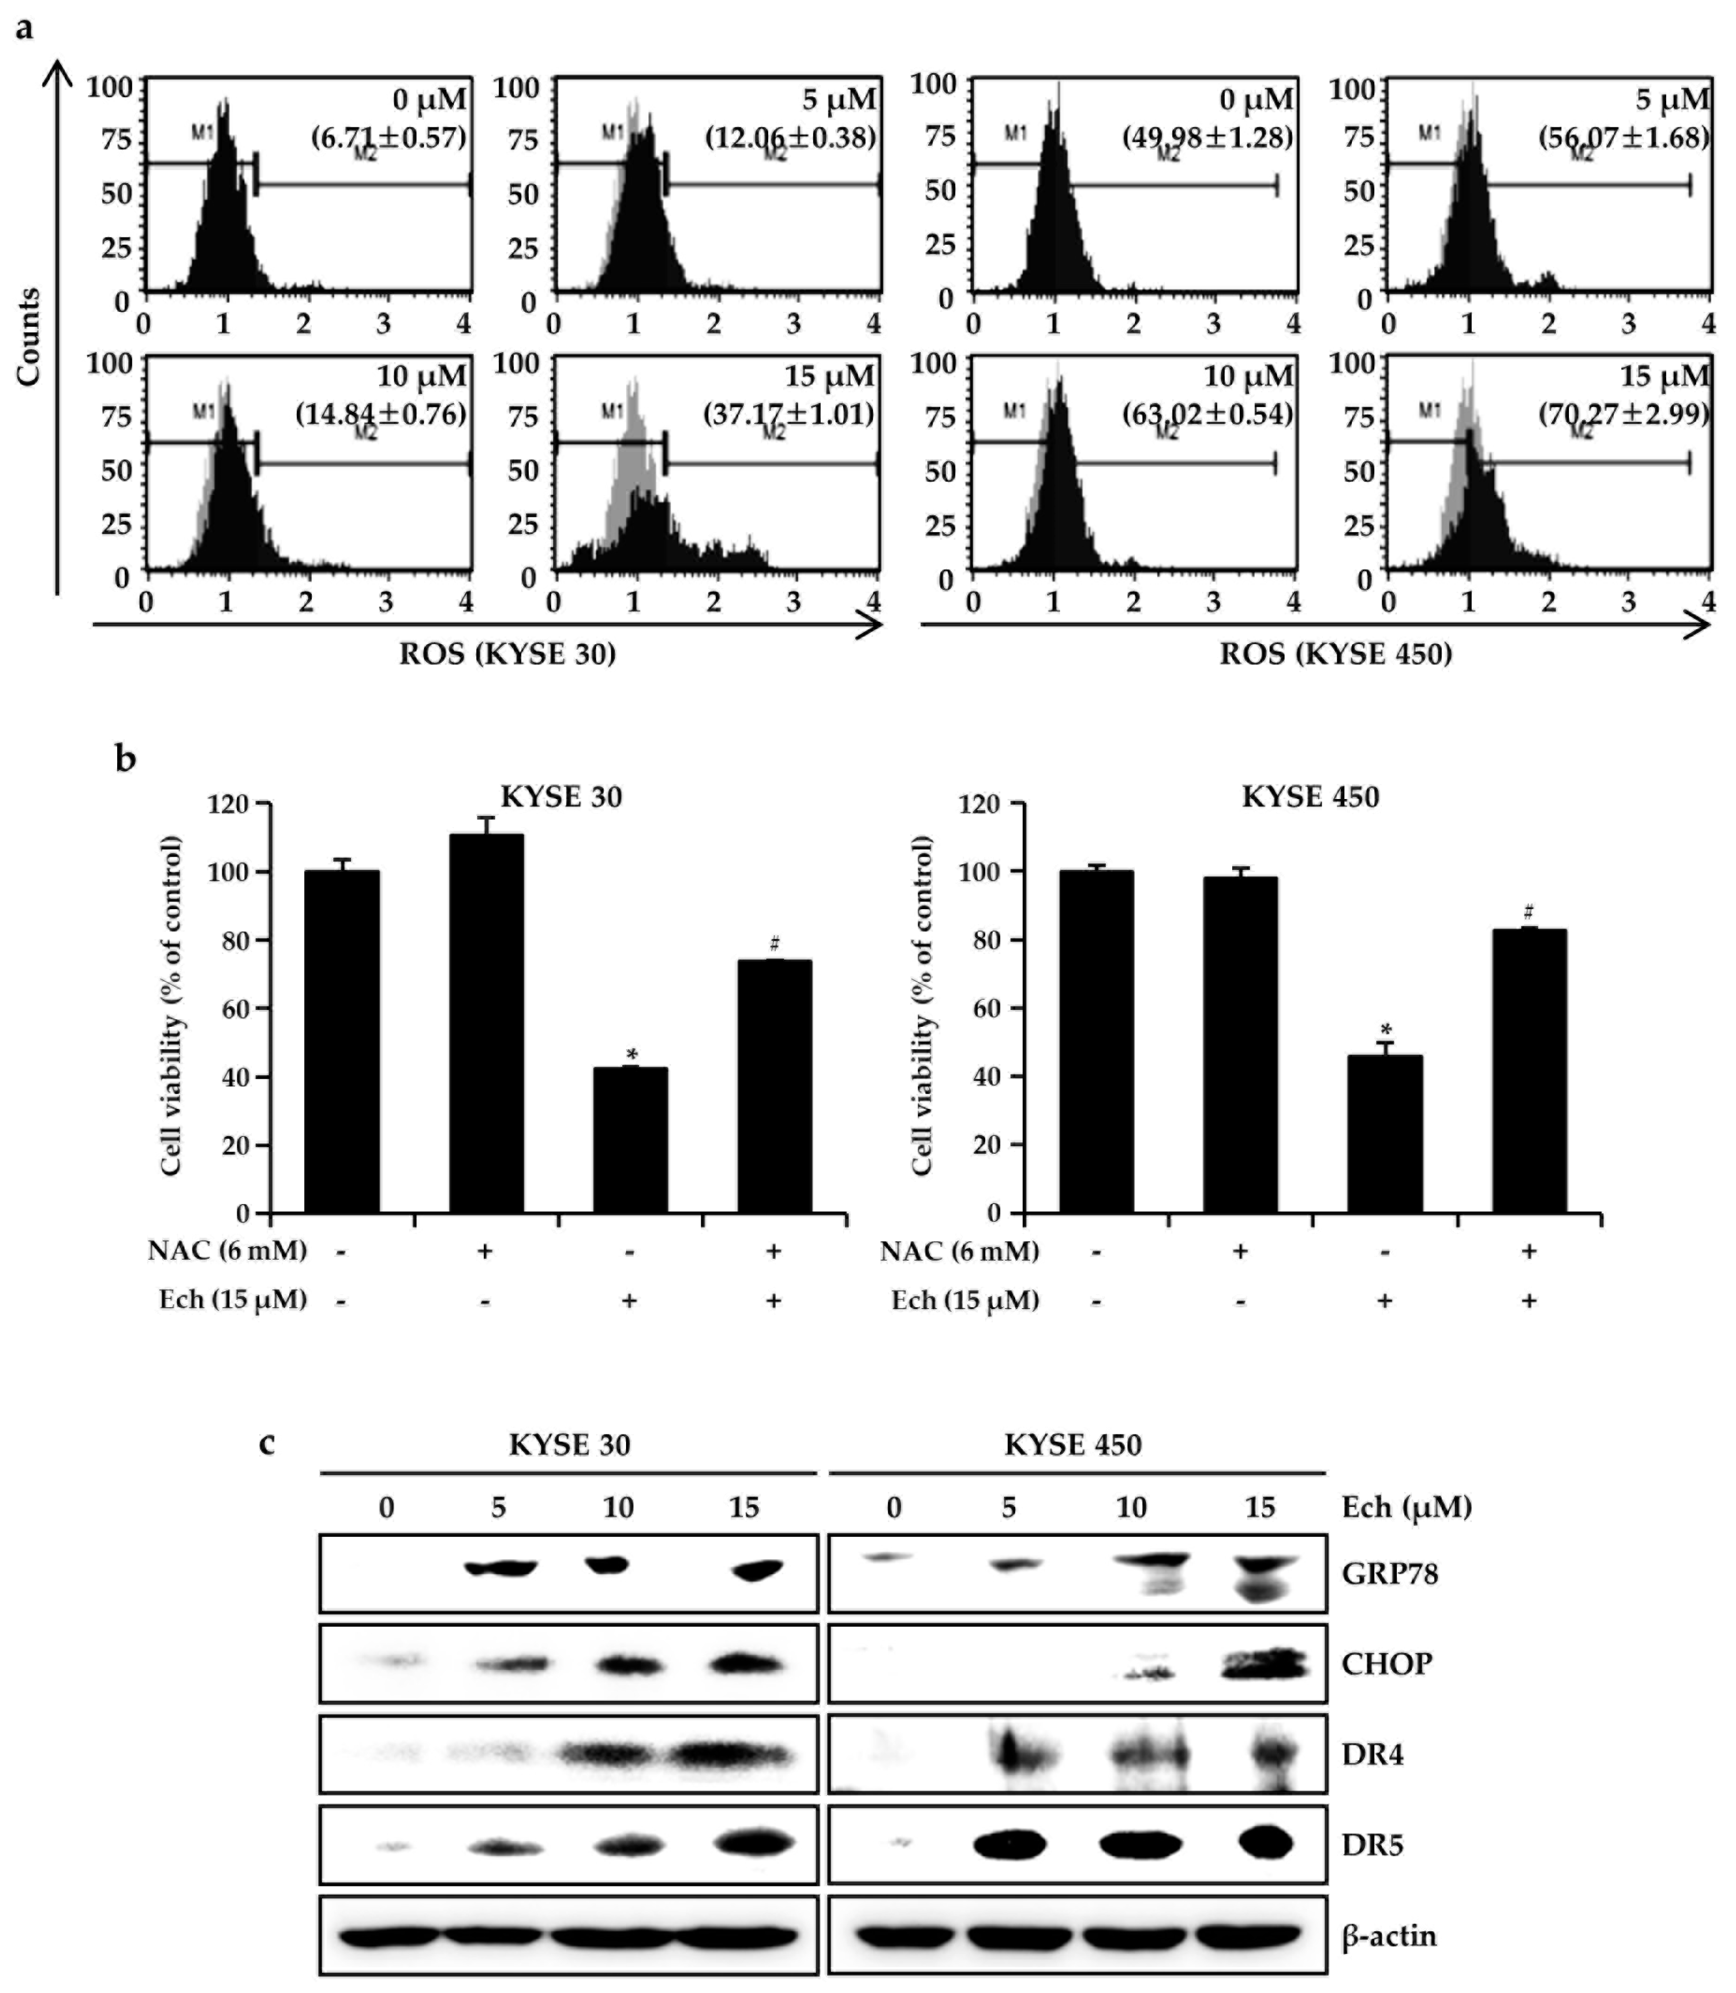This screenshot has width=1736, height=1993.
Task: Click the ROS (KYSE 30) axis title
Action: point(508,655)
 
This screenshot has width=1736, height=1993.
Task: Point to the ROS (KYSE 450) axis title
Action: point(1336,655)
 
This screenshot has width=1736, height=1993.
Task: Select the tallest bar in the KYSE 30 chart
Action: point(486,1022)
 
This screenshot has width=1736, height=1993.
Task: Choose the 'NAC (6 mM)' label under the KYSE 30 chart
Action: point(228,1251)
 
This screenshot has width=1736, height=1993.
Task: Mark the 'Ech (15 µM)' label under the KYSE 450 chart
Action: point(965,1299)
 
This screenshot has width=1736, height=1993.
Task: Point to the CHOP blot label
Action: point(1386,1664)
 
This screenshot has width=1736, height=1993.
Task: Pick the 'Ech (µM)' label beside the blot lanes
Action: point(1405,1507)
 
